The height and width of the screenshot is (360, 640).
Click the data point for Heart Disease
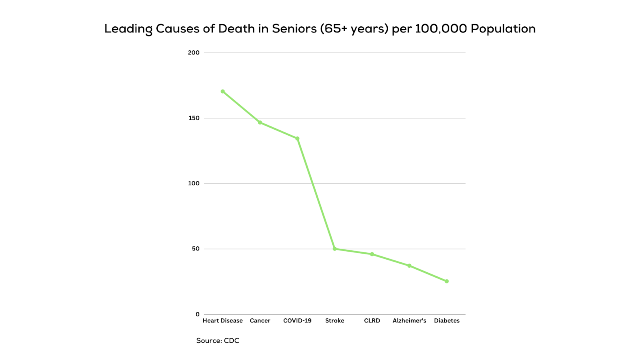pos(223,92)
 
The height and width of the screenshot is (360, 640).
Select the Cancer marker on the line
pos(260,122)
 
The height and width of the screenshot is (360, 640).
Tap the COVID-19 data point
pos(298,139)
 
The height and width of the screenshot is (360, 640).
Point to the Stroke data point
pos(335,249)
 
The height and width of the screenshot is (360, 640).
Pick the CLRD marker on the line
pos(372,254)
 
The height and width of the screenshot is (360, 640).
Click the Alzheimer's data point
pos(410,266)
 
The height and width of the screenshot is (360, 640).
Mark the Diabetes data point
pos(447,281)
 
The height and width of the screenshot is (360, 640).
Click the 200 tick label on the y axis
pos(194,53)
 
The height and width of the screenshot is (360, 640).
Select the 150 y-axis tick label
pos(194,118)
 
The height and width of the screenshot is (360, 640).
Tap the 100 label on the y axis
pos(194,184)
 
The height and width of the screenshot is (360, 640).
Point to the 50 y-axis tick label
pos(196,249)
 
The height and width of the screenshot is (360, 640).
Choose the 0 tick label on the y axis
pos(198,314)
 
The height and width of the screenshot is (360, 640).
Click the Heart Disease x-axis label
pos(223,321)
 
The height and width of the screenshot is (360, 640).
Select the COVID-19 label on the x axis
pos(297,321)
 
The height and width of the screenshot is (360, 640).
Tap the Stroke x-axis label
pos(335,321)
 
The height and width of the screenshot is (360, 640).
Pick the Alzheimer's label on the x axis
pos(410,321)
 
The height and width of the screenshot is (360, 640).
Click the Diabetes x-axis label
pos(447,321)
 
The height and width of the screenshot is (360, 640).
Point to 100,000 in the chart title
pos(441,29)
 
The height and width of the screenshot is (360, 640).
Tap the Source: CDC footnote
pos(218,341)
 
